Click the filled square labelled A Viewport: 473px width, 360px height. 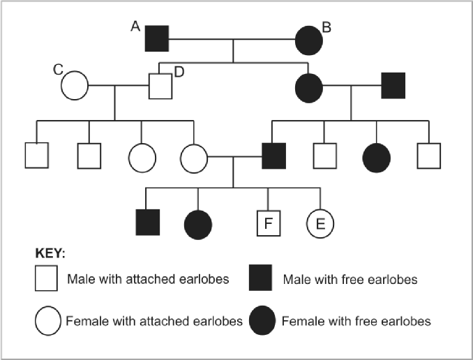(157, 38)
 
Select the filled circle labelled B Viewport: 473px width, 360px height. (309, 40)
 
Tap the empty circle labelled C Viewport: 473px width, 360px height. (75, 85)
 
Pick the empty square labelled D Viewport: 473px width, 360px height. (160, 86)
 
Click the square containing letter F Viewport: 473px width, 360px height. (269, 223)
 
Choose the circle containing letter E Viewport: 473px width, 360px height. (320, 223)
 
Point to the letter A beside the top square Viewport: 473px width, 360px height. (135, 27)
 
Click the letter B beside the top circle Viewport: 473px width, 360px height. (326, 27)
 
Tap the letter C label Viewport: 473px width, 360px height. (58, 70)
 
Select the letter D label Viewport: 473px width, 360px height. (179, 73)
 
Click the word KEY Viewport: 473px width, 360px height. (50, 253)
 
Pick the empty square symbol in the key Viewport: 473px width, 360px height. (46, 278)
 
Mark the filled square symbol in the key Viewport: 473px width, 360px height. (260, 278)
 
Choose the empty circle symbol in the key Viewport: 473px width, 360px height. (48, 321)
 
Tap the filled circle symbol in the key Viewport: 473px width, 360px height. (262, 320)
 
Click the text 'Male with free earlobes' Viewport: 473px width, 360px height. (350, 280)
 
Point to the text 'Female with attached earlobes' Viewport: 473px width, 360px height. (154, 321)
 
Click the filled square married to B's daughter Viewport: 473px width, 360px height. (393, 85)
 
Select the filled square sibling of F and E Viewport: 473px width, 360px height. (148, 222)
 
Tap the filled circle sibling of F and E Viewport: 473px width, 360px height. (198, 225)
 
